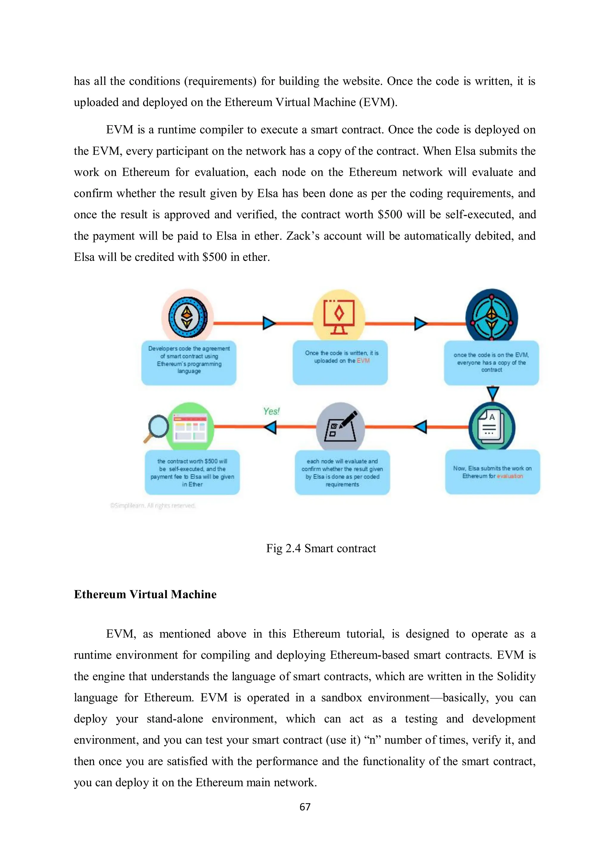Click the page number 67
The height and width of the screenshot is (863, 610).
(x=305, y=807)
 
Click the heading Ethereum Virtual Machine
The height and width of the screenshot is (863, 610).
(x=145, y=594)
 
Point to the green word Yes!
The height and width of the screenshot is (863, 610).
(x=271, y=411)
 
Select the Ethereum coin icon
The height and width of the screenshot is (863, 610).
(x=188, y=317)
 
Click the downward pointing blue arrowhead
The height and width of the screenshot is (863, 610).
(x=492, y=393)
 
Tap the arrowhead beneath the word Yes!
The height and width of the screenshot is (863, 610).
(x=270, y=427)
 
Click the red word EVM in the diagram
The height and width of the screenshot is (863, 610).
(x=363, y=361)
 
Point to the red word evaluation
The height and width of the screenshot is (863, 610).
(x=510, y=476)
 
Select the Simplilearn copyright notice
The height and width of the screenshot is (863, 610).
(x=152, y=506)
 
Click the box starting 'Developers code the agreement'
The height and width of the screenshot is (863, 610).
(x=189, y=363)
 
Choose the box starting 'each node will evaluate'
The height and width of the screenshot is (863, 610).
(x=342, y=472)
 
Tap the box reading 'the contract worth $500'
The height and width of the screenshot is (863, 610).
(x=192, y=472)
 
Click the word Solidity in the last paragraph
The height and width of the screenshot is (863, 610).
(x=516, y=676)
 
